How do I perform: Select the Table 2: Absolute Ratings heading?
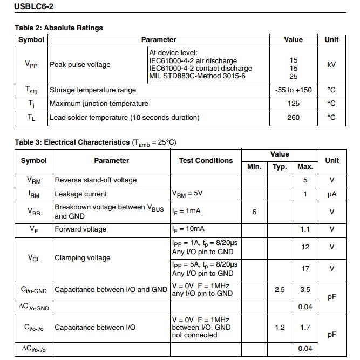tap(59, 28)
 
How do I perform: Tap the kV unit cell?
tap(331, 64)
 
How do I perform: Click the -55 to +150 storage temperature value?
tap(294, 90)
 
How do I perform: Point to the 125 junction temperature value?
tap(294, 103)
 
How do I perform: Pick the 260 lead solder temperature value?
tap(294, 117)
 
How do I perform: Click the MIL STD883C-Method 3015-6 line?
tap(197, 76)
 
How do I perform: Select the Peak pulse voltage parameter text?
tap(80, 65)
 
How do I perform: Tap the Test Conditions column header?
tap(206, 160)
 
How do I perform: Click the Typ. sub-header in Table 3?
tap(280, 167)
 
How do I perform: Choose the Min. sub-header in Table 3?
tap(254, 167)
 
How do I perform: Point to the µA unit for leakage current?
tap(331, 194)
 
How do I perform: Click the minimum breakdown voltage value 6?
tap(254, 212)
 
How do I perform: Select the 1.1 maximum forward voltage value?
tap(305, 229)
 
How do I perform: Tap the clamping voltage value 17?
tap(305, 268)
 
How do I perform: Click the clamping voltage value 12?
tap(305, 247)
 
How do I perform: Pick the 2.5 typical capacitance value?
tap(280, 290)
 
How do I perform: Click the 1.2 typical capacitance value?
tap(280, 327)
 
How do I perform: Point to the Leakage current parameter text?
tap(80, 194)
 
